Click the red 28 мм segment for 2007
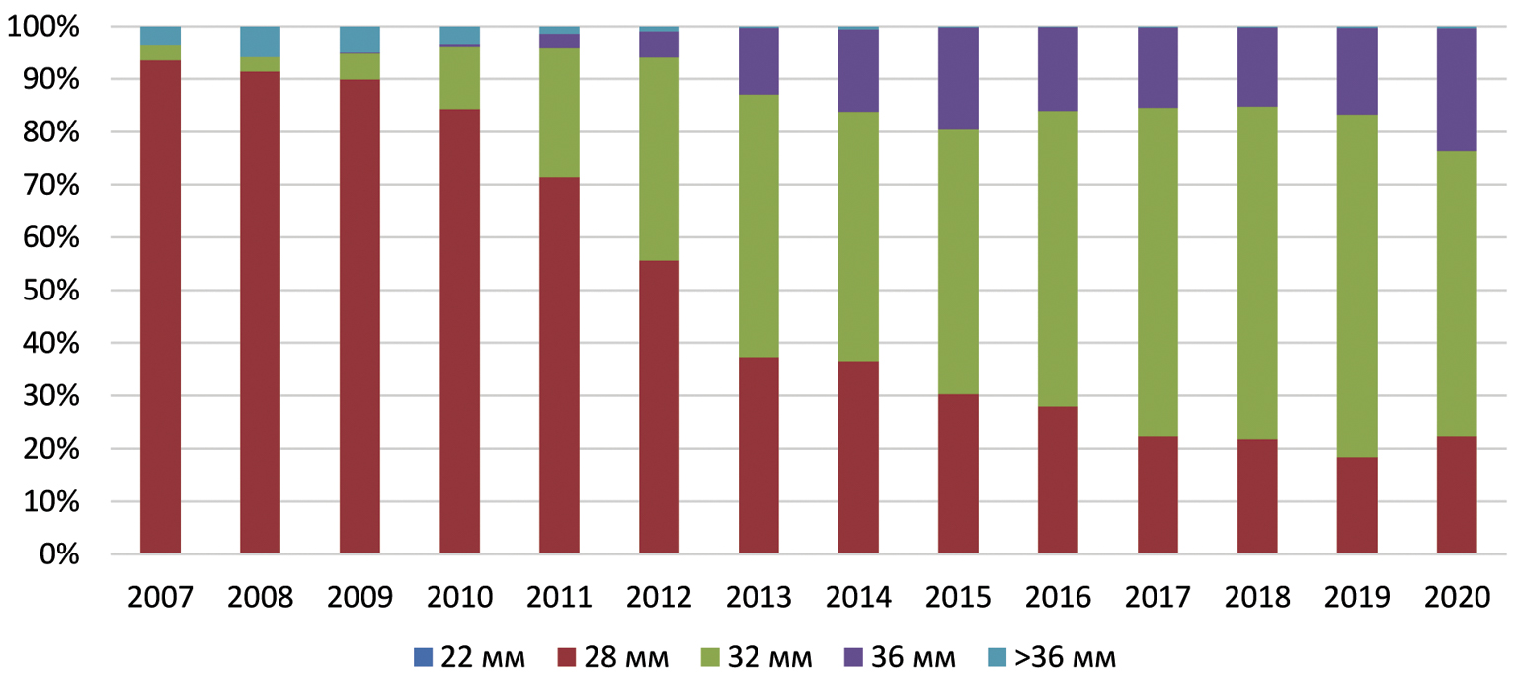tap(160, 306)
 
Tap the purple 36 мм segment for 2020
tap(1457, 90)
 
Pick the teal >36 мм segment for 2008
tap(260, 42)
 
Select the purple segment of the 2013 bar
tap(758, 61)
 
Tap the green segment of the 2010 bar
tap(459, 78)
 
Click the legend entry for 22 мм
tap(469, 656)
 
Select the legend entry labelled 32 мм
tap(757, 656)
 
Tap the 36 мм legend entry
tap(900, 656)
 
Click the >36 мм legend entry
tap(1053, 656)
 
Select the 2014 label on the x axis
tap(857, 598)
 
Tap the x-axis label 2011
tap(559, 598)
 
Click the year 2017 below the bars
tap(1157, 598)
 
